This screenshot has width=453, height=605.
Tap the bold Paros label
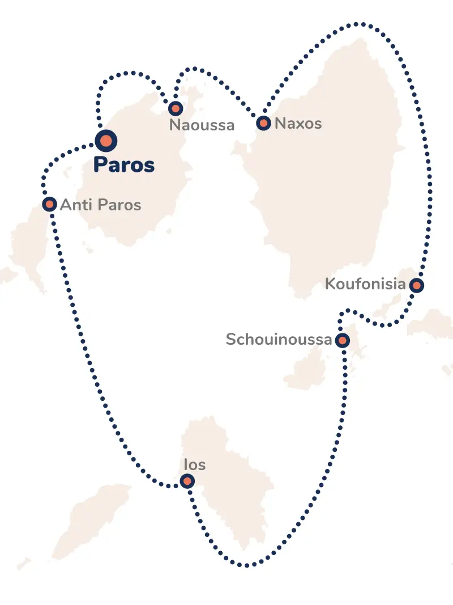coord(124,165)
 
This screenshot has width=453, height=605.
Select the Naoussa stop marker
coord(176,108)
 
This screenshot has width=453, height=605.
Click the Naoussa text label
coord(202,125)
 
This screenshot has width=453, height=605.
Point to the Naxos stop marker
coord(263,122)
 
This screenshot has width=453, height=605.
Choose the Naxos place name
coord(298,124)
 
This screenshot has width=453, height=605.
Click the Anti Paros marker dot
coord(49,204)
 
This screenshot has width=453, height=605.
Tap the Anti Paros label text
coord(100,205)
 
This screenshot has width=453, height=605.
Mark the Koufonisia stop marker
coord(417,285)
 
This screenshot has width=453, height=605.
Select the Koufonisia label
coord(365,284)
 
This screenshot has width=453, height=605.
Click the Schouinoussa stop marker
coord(342,341)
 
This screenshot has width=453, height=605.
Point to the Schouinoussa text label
coord(279,340)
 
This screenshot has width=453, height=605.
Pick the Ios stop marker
coord(187,481)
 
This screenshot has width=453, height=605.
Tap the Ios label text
coord(195,465)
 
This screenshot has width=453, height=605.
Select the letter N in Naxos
coord(280,124)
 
